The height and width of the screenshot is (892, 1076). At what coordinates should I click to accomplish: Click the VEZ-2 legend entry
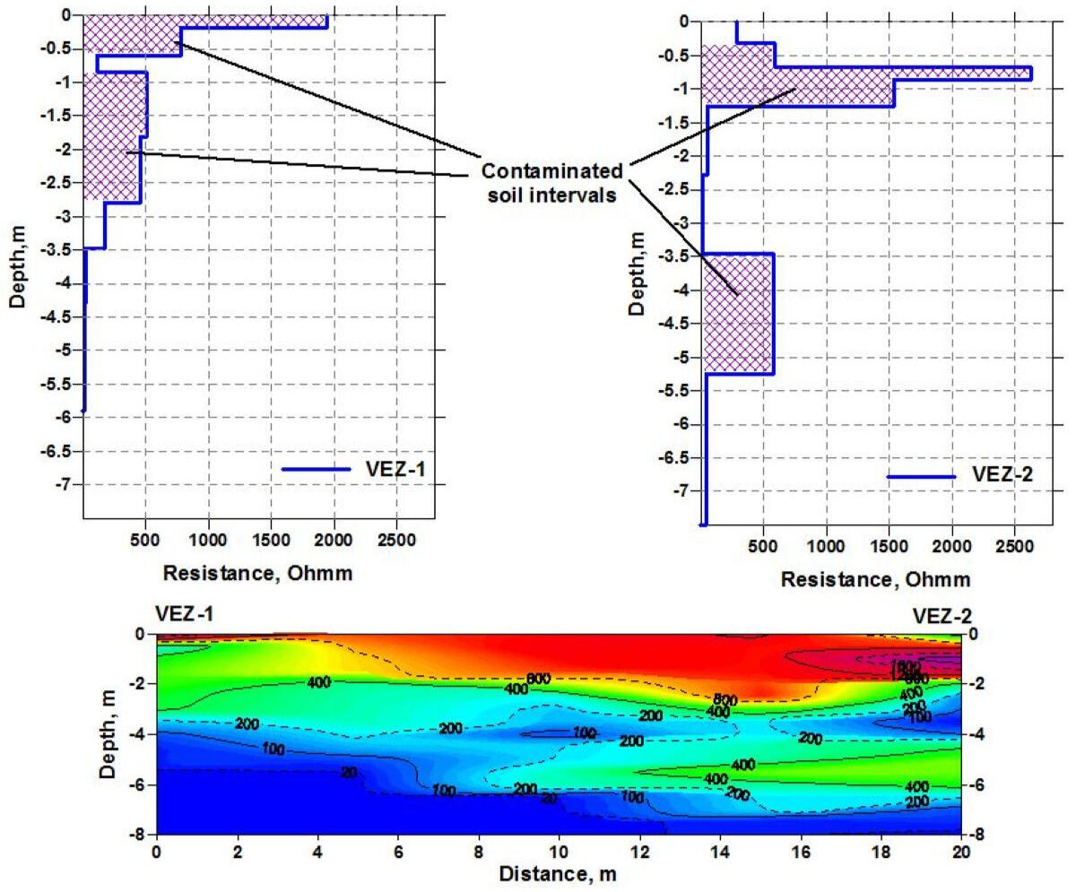coord(1002,476)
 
